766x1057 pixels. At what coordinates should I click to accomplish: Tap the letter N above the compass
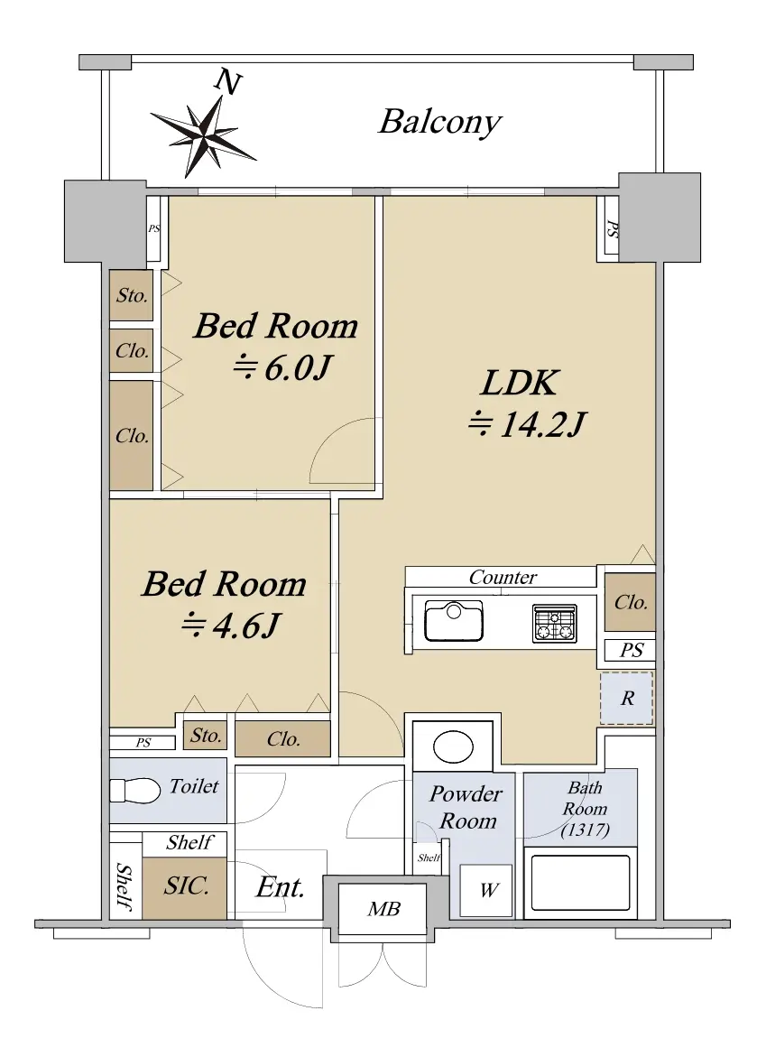(227, 82)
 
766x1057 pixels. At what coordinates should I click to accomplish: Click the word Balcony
(440, 123)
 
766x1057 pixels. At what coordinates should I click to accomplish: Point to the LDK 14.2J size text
(528, 424)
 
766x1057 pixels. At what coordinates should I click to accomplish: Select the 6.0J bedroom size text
(282, 368)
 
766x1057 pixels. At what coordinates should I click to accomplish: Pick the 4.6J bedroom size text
(230, 626)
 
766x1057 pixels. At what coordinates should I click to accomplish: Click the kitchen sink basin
(454, 621)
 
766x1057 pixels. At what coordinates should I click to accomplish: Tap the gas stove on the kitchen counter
(555, 623)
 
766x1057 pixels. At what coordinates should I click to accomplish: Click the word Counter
(503, 577)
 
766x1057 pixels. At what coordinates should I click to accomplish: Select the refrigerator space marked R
(626, 699)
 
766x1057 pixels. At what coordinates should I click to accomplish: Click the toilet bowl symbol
(134, 790)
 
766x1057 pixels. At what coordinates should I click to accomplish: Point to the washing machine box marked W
(486, 891)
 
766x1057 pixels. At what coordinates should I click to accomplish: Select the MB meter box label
(383, 909)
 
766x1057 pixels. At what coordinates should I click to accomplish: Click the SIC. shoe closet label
(186, 885)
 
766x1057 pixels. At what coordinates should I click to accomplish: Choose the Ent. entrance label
(280, 887)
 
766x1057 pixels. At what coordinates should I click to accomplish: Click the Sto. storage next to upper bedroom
(132, 295)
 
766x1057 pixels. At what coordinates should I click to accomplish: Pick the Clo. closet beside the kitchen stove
(630, 602)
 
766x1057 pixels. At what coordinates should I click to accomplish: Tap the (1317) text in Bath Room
(585, 830)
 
